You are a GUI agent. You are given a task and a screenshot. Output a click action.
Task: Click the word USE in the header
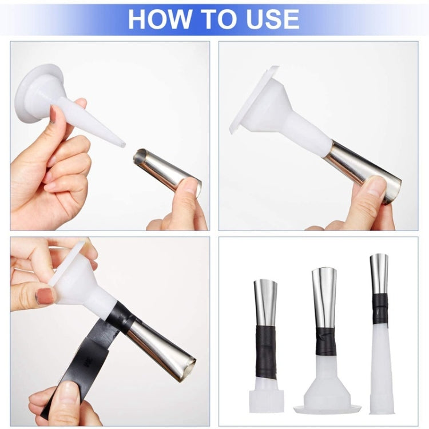click(x=272, y=19)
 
